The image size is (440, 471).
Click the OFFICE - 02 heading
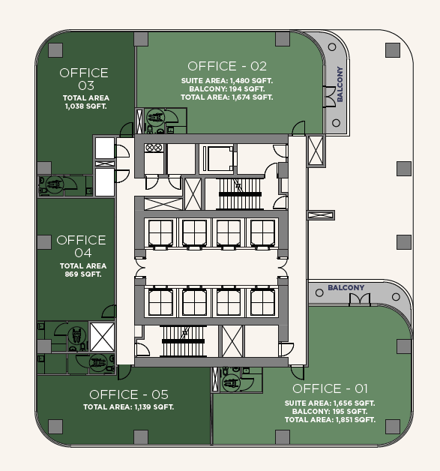tap(227, 67)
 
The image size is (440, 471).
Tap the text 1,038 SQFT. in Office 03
tap(86, 106)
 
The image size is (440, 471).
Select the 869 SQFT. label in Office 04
tap(83, 274)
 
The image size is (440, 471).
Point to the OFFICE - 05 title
tap(129, 394)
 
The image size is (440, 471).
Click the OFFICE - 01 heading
tap(330, 388)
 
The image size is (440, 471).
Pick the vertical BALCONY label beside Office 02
tap(340, 84)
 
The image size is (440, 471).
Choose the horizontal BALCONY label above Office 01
tap(346, 288)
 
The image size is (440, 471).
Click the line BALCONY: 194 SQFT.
tap(227, 89)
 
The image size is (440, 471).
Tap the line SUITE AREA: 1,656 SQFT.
tap(330, 403)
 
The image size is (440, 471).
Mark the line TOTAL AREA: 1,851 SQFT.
tap(330, 420)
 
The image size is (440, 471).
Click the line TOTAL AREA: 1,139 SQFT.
tap(128, 407)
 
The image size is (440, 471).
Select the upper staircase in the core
tap(240, 194)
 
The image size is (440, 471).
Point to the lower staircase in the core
tap(183, 341)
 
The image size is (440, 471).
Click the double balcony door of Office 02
tap(329, 97)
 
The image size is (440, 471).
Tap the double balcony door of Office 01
tap(360, 300)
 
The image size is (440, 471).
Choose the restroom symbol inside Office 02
tap(155, 117)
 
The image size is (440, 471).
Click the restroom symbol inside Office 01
tap(231, 382)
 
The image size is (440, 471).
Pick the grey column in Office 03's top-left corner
tap(55, 50)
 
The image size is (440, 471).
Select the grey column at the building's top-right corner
tap(393, 50)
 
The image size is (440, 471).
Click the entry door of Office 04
tap(109, 311)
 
